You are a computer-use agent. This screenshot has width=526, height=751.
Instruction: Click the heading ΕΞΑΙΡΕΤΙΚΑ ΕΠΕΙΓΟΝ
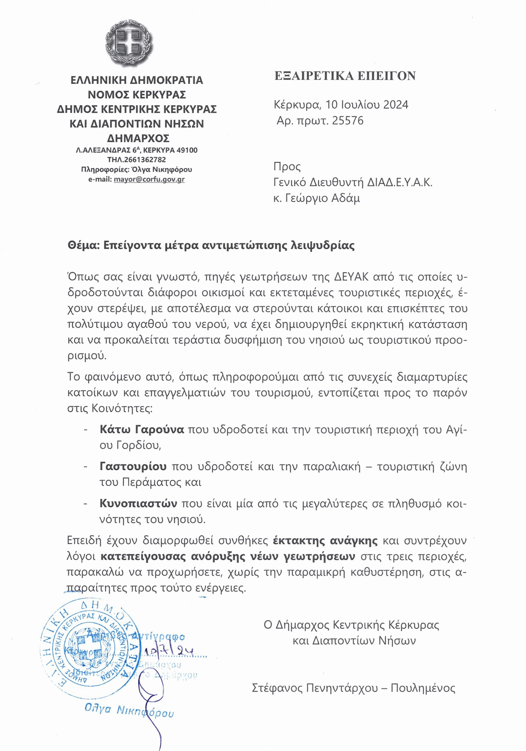[345, 76]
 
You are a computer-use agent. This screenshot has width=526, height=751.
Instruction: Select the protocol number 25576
[347, 121]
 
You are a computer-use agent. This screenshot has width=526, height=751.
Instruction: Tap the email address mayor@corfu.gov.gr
[149, 179]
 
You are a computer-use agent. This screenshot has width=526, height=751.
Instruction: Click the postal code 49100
[187, 150]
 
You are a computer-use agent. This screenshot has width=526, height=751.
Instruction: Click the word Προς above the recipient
[287, 167]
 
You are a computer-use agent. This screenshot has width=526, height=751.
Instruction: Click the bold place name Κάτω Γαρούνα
[142, 429]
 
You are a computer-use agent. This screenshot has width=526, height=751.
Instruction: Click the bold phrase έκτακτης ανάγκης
[325, 540]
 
